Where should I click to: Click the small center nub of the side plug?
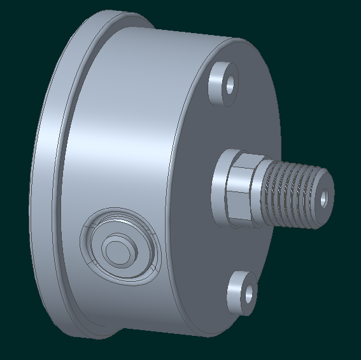click(117, 247)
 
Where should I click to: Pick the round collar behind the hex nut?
click(218, 188)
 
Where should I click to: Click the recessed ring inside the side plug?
click(102, 248)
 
